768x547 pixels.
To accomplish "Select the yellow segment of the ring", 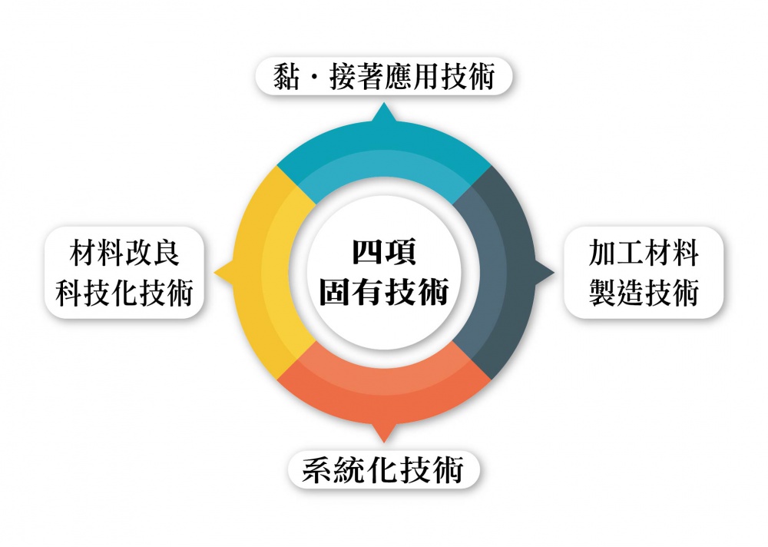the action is click(x=260, y=272).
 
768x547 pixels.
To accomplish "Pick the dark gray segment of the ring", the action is click(x=509, y=272).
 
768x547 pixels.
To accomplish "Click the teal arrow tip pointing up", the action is click(x=384, y=103).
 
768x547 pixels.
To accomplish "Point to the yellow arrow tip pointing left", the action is click(x=215, y=272).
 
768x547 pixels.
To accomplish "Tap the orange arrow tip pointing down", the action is click(x=384, y=442).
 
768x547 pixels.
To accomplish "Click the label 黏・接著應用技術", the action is click(x=384, y=76).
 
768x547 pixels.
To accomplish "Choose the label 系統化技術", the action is click(x=383, y=469).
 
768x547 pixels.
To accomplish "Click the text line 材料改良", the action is click(x=124, y=253).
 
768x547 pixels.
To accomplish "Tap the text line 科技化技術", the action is click(x=124, y=293).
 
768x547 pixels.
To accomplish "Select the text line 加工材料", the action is click(x=644, y=253).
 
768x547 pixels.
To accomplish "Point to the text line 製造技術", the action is click(x=644, y=293).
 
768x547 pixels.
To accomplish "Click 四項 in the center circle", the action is click(x=384, y=252).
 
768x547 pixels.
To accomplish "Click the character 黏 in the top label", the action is click(x=286, y=77).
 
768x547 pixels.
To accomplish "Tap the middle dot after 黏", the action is click(x=314, y=77).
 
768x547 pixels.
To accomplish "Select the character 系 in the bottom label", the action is click(x=316, y=470).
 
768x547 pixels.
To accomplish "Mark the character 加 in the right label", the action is click(x=602, y=253).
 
